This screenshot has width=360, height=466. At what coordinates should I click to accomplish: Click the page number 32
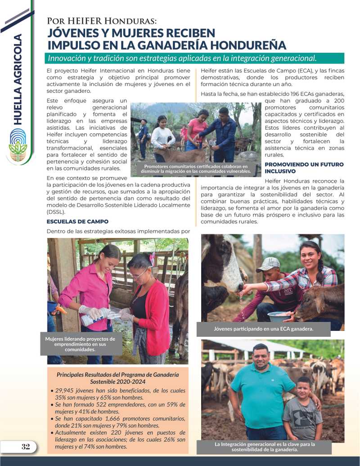pyautogui.click(x=26, y=447)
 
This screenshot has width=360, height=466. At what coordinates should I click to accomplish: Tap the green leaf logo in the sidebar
pyautogui.click(x=18, y=145)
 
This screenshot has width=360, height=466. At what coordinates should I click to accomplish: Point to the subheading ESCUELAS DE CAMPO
pyautogui.click(x=77, y=222)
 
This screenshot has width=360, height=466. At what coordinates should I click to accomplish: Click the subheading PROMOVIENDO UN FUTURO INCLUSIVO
pyautogui.click(x=304, y=168)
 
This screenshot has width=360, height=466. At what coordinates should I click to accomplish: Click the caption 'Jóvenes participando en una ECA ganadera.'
pyautogui.click(x=263, y=329)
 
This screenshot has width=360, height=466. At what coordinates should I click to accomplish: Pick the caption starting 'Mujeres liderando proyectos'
pyautogui.click(x=80, y=344)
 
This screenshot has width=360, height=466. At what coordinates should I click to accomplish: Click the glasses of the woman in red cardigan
pyautogui.click(x=140, y=273)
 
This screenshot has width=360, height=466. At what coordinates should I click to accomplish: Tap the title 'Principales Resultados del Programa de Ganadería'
pyautogui.click(x=117, y=375)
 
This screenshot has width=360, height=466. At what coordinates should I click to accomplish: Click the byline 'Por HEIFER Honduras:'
pyautogui.click(x=102, y=21)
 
